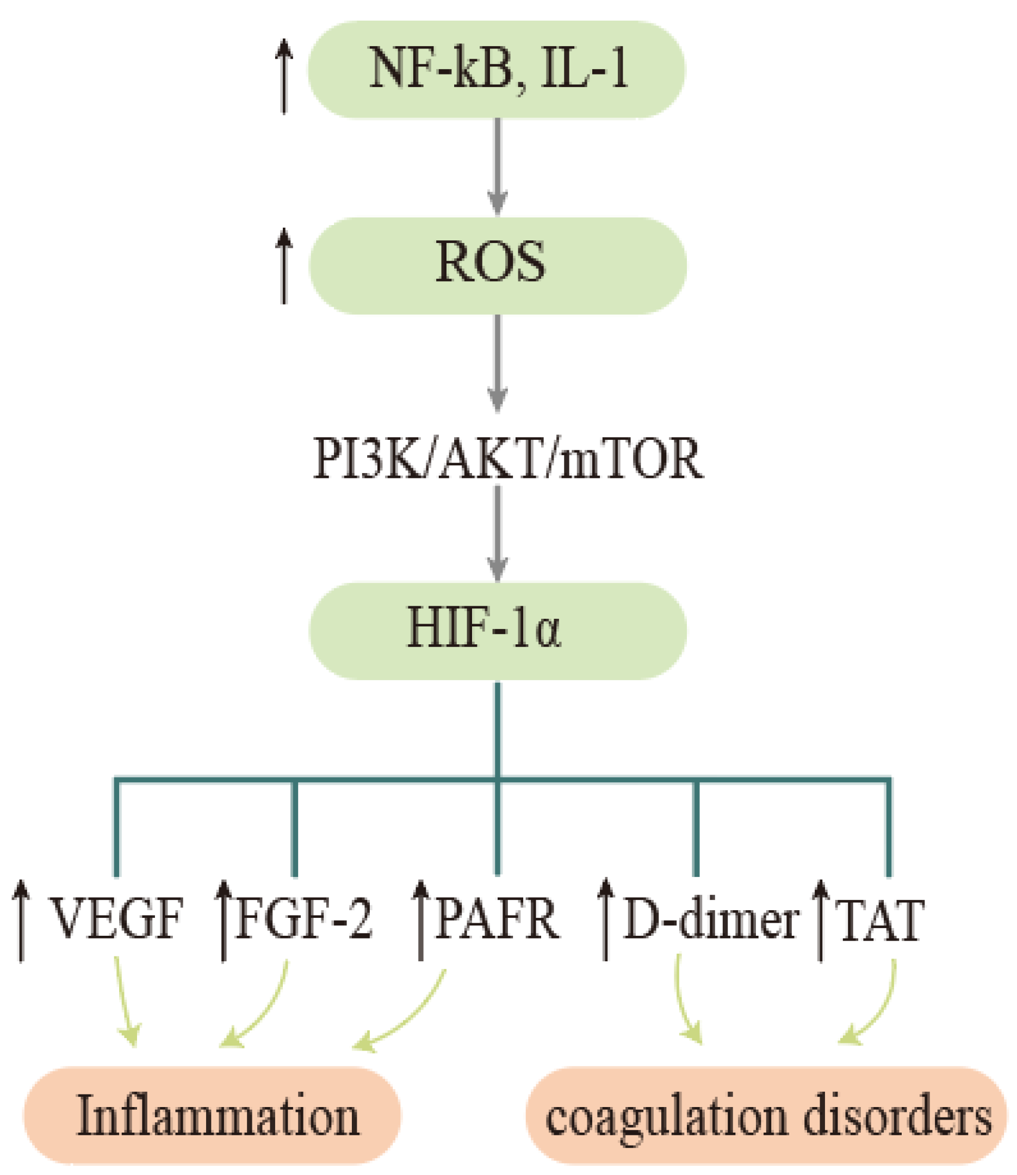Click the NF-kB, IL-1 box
(497, 70)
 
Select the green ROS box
(497, 265)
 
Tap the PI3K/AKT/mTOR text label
(508, 459)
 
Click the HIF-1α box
(497, 631)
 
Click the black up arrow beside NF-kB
(284, 77)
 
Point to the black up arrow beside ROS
(284, 266)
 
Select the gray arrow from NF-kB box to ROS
(498, 165)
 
